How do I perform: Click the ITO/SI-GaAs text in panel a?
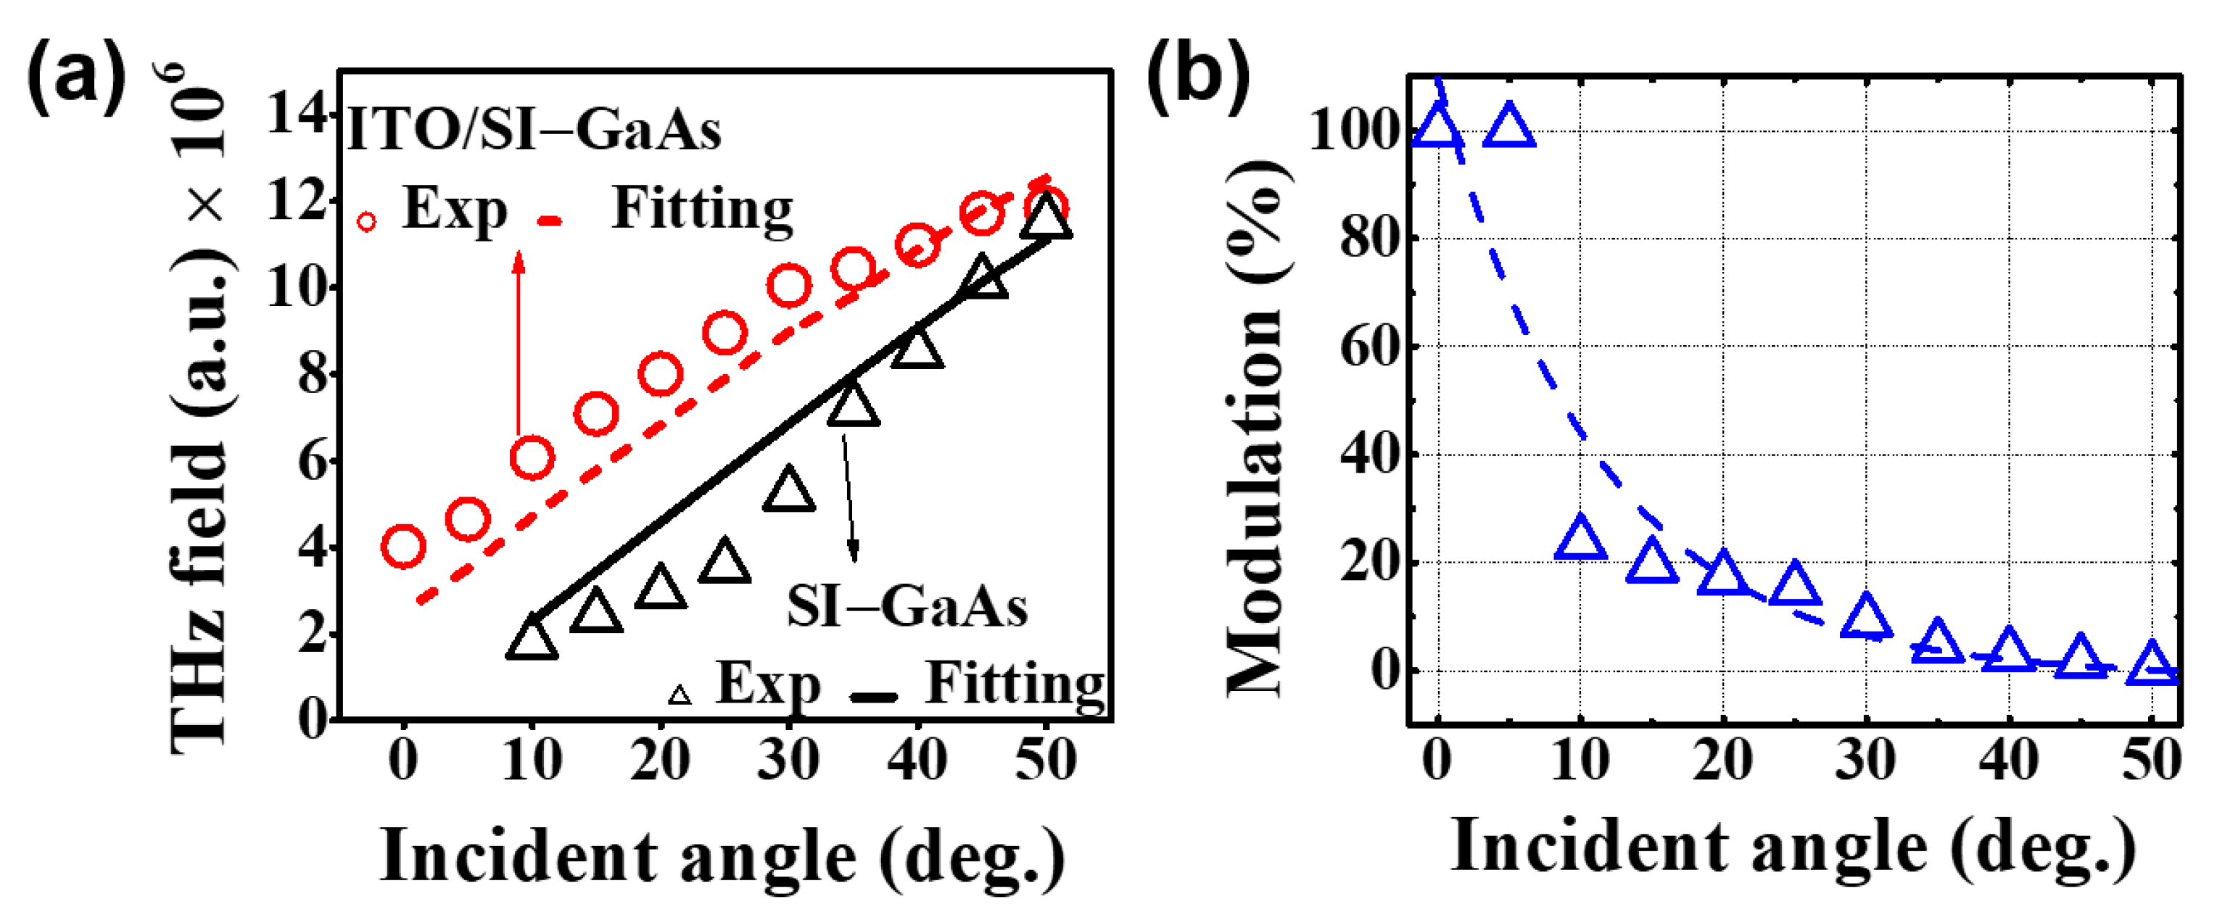coord(534,131)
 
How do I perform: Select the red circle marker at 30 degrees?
coord(788,286)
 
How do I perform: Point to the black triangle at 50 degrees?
coord(1046,218)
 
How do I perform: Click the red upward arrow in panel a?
coord(518,344)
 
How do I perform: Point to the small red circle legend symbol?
coord(367,222)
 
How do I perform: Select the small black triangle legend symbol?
coord(680,695)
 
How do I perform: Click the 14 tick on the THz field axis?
coord(295,114)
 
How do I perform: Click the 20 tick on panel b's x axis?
coord(1722,760)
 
